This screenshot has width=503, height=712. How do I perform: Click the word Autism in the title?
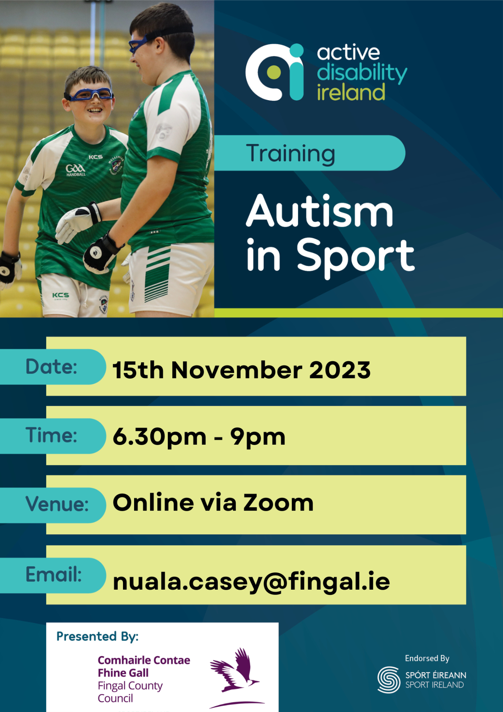[319, 211]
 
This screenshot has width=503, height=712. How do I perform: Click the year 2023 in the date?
[340, 370]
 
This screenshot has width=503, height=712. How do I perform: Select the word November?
[236, 370]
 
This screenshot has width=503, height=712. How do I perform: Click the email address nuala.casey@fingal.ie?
[251, 581]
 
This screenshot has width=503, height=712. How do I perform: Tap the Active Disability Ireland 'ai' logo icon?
[275, 72]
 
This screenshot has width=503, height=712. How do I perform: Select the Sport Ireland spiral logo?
[389, 680]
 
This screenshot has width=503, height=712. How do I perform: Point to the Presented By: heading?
[97, 636]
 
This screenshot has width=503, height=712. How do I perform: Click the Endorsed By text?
[427, 658]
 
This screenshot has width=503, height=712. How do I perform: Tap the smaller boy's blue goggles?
[89, 95]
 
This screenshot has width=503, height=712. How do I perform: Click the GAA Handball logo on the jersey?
[76, 170]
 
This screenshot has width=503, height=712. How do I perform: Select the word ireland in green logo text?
[351, 92]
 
